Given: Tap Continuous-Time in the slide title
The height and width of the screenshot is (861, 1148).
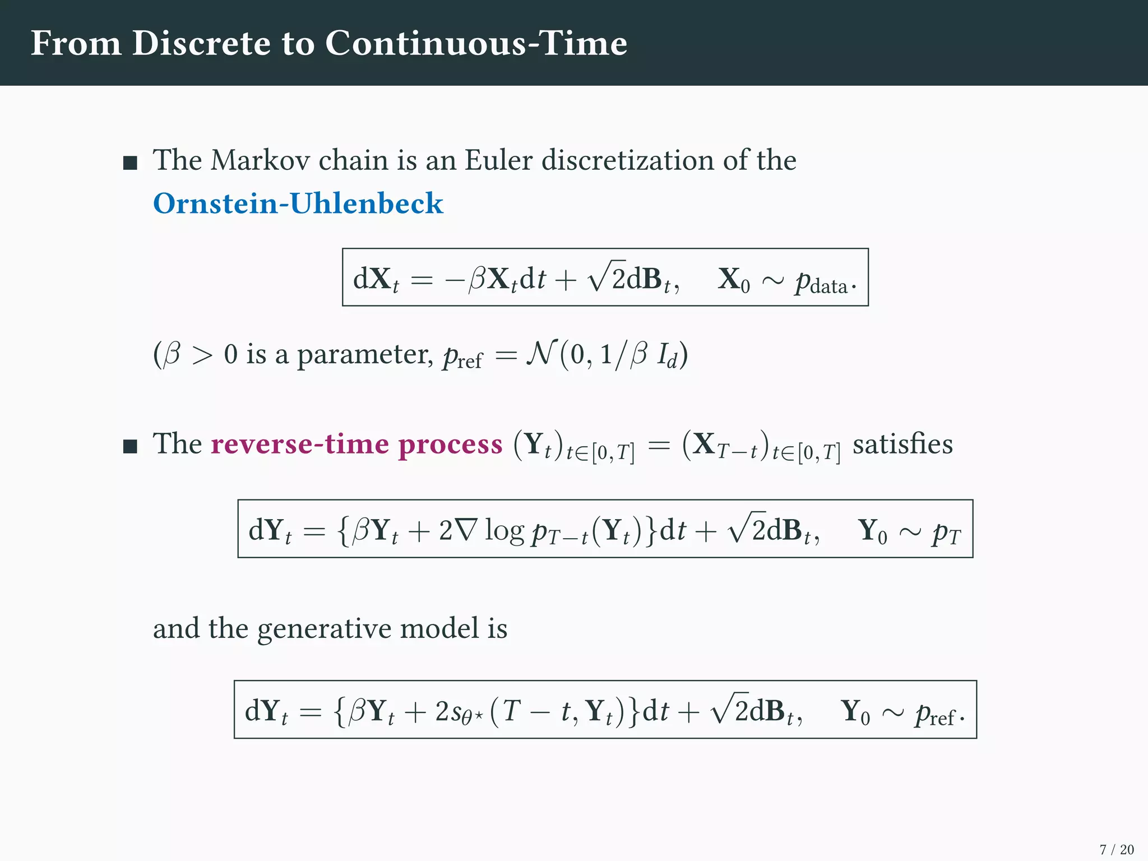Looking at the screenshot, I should [476, 43].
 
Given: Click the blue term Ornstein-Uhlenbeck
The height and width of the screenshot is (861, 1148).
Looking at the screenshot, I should [298, 203].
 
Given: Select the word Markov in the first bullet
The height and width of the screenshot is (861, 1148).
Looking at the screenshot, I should [260, 160].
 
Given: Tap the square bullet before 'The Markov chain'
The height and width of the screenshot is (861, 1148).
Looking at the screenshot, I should [130, 163].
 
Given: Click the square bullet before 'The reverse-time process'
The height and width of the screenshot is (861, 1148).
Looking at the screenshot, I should [130, 447].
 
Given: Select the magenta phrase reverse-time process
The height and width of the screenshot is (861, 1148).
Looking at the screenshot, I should [357, 445].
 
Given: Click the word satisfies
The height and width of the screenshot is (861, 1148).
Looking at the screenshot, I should [902, 445].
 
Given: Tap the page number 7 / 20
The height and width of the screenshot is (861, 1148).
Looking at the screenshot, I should [1116, 849].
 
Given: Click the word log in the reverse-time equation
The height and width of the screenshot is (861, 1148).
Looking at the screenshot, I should [504, 531].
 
